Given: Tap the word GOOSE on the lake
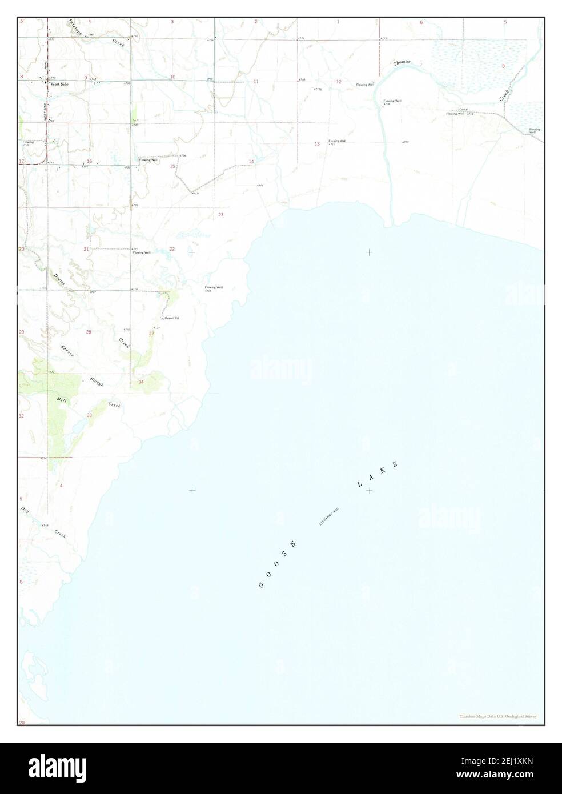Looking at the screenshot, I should pyautogui.click(x=278, y=564).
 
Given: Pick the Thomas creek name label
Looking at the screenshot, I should pyautogui.click(x=402, y=62).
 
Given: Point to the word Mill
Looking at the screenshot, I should pyautogui.click(x=61, y=401).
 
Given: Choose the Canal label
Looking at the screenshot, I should pyautogui.click(x=464, y=110).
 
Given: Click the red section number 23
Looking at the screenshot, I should pyautogui.click(x=221, y=215).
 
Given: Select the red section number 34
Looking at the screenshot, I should pyautogui.click(x=141, y=382).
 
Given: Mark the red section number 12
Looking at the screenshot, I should pyautogui.click(x=338, y=82).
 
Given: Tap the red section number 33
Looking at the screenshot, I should pyautogui.click(x=89, y=415).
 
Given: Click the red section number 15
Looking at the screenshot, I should pyautogui.click(x=172, y=166).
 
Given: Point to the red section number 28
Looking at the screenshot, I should pyautogui.click(x=89, y=332).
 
